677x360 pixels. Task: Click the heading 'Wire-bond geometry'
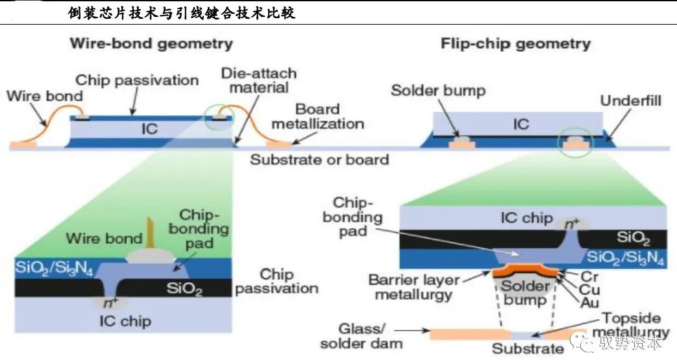pos(151,44)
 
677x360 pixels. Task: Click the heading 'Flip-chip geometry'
pos(515,44)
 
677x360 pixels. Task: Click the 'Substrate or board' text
pos(319,159)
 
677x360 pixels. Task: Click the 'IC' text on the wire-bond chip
pos(149,129)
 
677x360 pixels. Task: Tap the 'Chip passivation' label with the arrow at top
pos(137,80)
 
